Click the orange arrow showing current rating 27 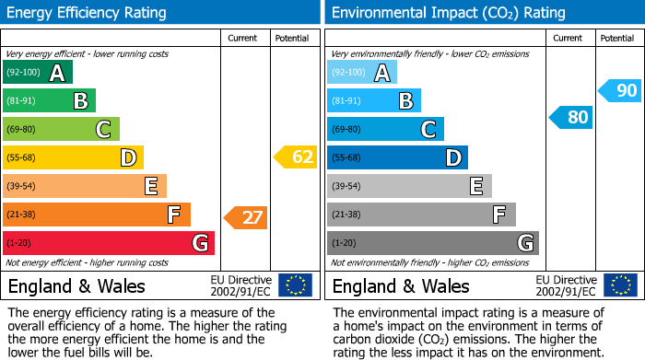pyautogui.click(x=246, y=218)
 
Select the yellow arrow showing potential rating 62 pyautogui.click(x=296, y=157)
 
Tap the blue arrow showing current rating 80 pyautogui.click(x=570, y=117)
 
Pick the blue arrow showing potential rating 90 pyautogui.click(x=618, y=90)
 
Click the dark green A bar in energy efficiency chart pyautogui.click(x=38, y=73)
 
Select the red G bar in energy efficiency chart pyautogui.click(x=109, y=243)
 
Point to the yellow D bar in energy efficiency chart pyautogui.click(x=73, y=157)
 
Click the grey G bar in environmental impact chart pyautogui.click(x=432, y=243)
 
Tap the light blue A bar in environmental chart pyautogui.click(x=362, y=73)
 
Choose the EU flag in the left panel pyautogui.click(x=295, y=285)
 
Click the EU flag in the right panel pyautogui.click(x=619, y=285)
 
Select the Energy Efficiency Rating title pyautogui.click(x=88, y=13)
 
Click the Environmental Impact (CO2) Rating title pyautogui.click(x=448, y=13)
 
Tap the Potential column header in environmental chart pyautogui.click(x=616, y=38)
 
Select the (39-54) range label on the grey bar pyautogui.click(x=347, y=187)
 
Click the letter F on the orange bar pyautogui.click(x=173, y=215)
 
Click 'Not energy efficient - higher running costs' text pyautogui.click(x=88, y=262)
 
